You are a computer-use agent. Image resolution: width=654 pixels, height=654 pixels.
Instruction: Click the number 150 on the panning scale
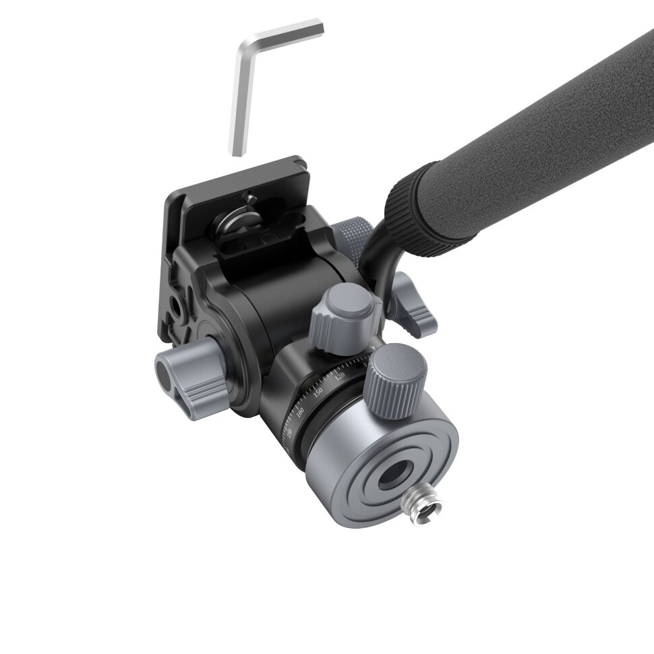click(318, 391)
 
